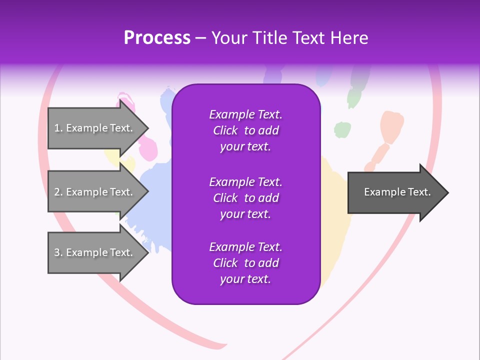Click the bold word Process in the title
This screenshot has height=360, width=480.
click(157, 38)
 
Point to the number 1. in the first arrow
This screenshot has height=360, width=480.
click(58, 128)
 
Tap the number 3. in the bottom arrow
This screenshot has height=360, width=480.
click(58, 252)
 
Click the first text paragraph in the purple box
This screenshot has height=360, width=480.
click(245, 130)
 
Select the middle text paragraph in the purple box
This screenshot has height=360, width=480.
click(245, 197)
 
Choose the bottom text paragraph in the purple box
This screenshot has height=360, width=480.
click(245, 263)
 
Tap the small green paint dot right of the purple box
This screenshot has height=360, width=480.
click(342, 129)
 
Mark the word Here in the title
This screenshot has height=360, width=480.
click(351, 38)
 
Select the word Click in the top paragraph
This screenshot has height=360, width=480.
click(225, 130)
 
